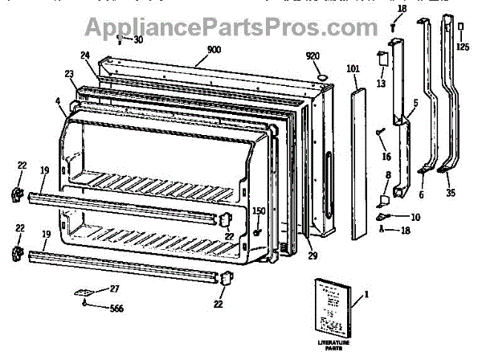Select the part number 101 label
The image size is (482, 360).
pos(353,68)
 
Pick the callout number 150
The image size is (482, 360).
pos(259,212)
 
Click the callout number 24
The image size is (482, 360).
pos(84,56)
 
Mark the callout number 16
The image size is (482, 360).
pos(386,157)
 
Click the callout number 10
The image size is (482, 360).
pos(415,217)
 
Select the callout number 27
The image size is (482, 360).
pos(115,289)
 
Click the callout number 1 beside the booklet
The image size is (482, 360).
pos(367,294)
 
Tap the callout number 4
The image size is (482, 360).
pos(58,100)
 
